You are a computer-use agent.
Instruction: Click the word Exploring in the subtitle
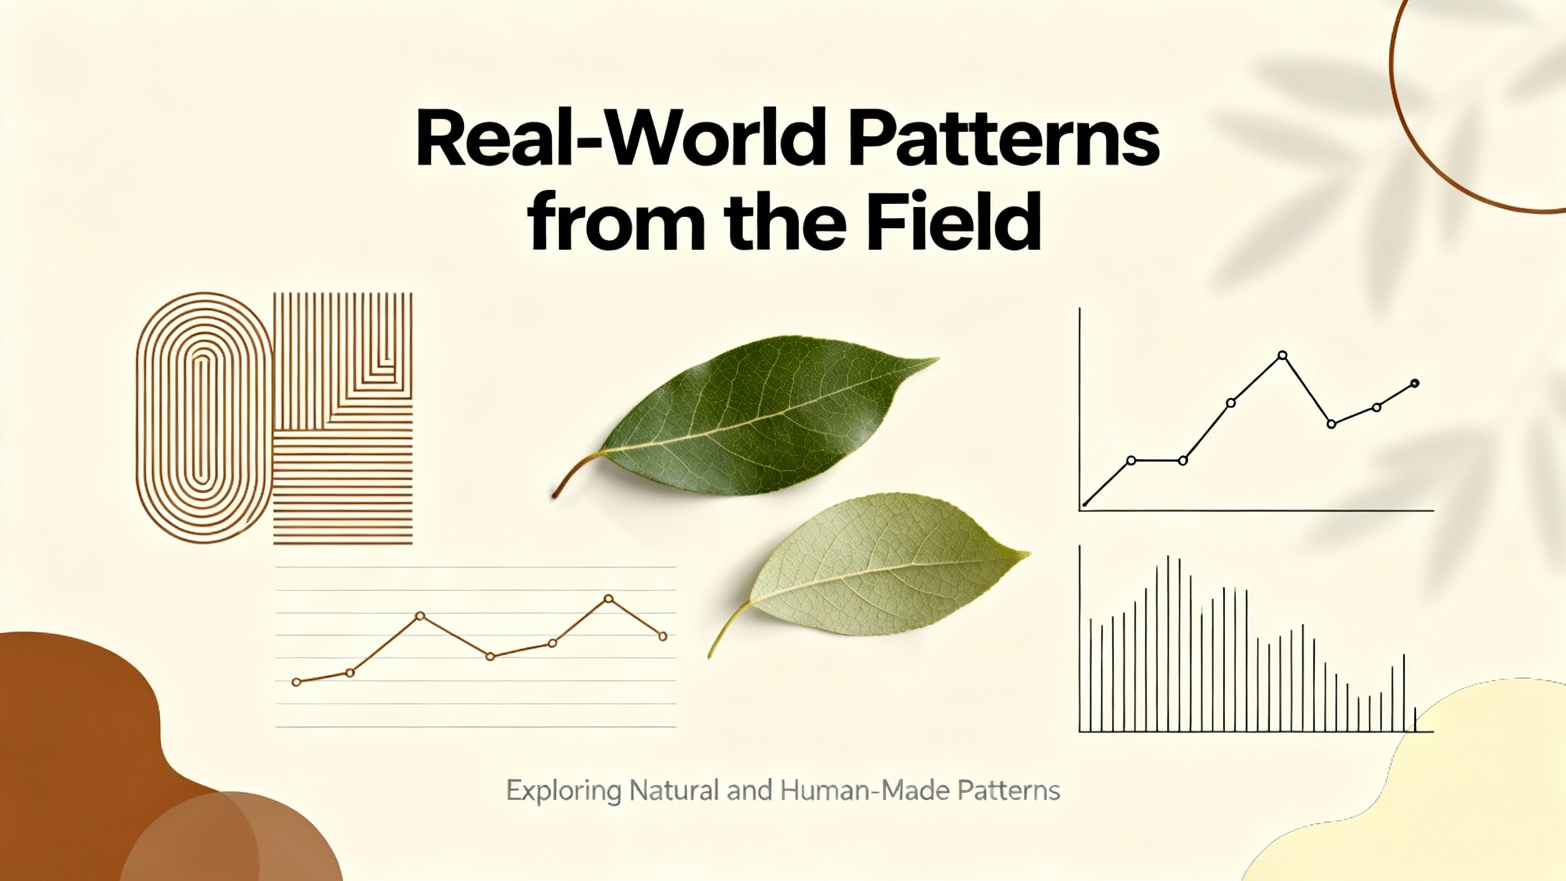(x=563, y=791)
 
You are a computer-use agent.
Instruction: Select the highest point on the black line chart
(x=1283, y=355)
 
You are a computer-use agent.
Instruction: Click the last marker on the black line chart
(x=1414, y=384)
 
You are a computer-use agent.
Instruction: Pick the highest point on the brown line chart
(x=608, y=598)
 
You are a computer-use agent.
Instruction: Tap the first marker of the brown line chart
(x=297, y=682)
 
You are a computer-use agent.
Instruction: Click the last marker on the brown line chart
(x=662, y=637)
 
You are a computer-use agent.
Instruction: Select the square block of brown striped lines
(x=343, y=418)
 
